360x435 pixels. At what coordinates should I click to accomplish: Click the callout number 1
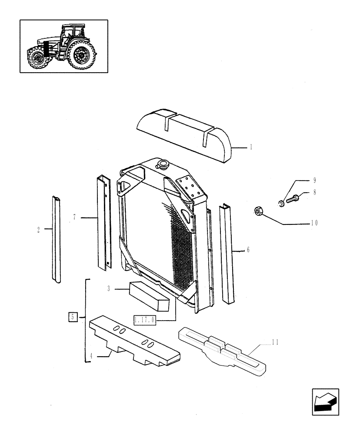tap(251, 147)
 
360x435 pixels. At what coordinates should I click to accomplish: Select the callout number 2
tap(39, 229)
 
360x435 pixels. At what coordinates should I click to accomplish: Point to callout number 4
tap(92, 356)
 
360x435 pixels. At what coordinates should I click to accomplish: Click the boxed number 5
tap(73, 317)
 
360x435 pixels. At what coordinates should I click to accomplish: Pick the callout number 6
tap(248, 250)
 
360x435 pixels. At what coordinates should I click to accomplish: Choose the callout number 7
tap(74, 217)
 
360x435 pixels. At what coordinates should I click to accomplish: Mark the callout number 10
tap(314, 223)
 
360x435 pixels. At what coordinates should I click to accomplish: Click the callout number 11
tap(275, 342)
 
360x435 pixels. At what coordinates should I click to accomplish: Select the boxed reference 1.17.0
tap(145, 320)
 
